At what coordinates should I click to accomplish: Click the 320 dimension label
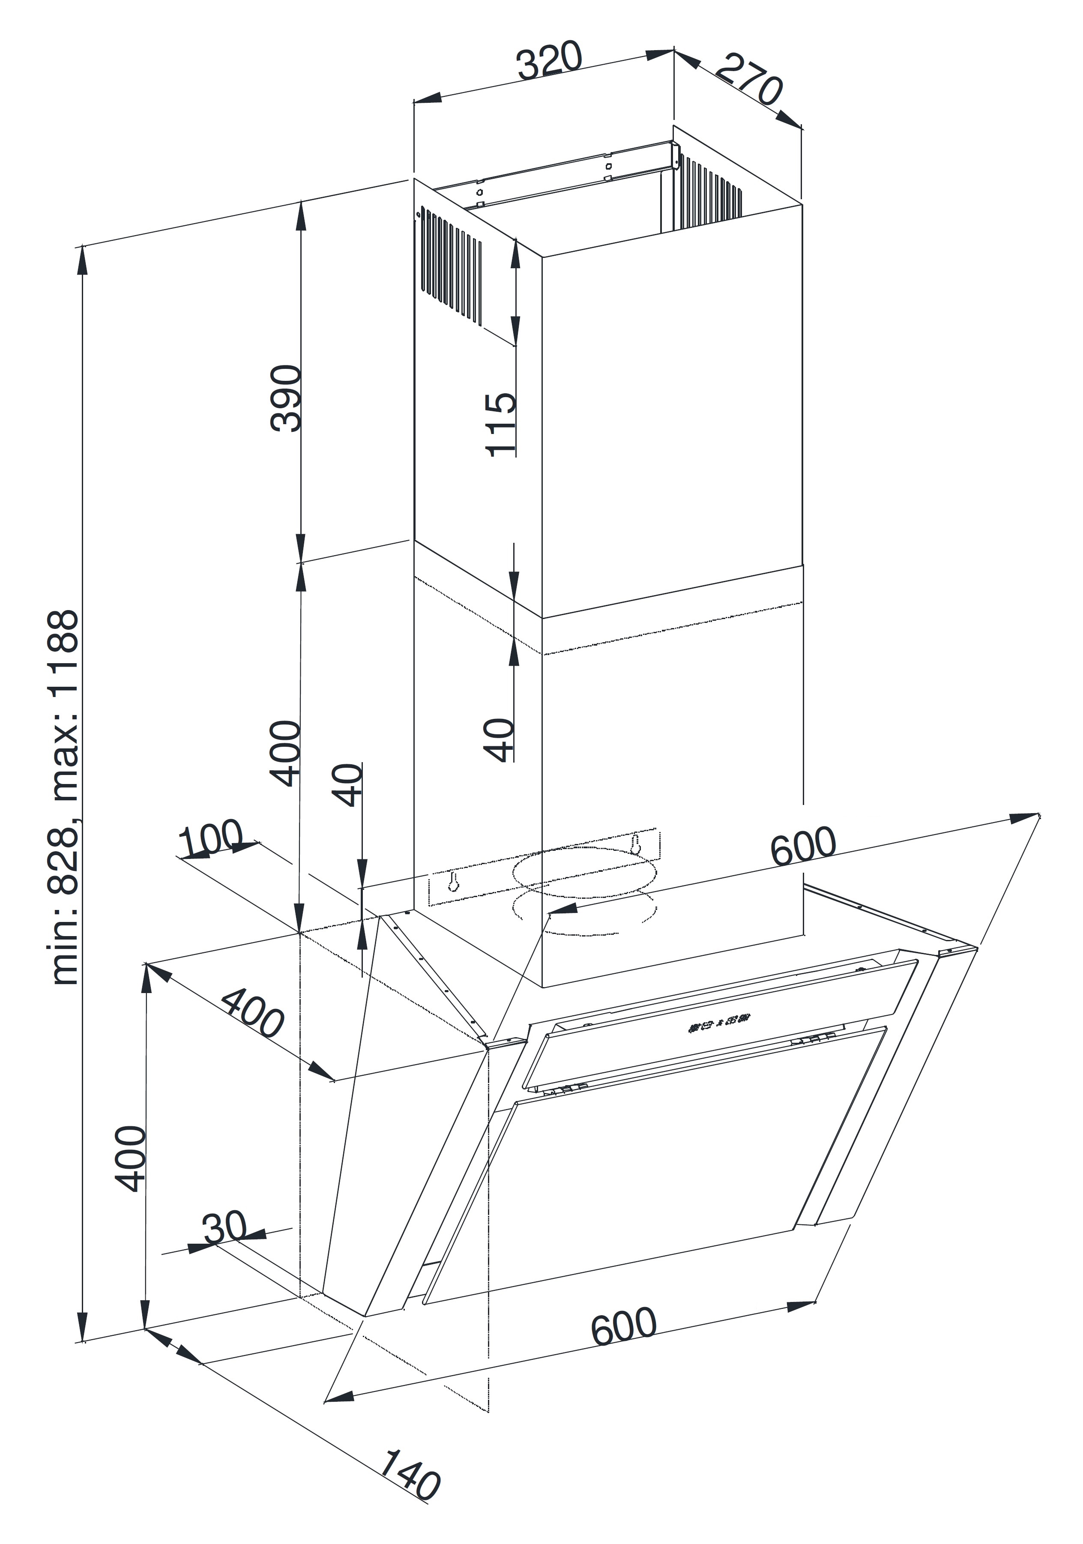(x=549, y=60)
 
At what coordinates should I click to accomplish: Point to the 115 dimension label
(x=501, y=424)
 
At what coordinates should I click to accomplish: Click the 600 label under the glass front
(x=623, y=1326)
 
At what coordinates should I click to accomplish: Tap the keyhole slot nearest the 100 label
(x=453, y=882)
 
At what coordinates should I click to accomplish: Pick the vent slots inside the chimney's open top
(x=710, y=186)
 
